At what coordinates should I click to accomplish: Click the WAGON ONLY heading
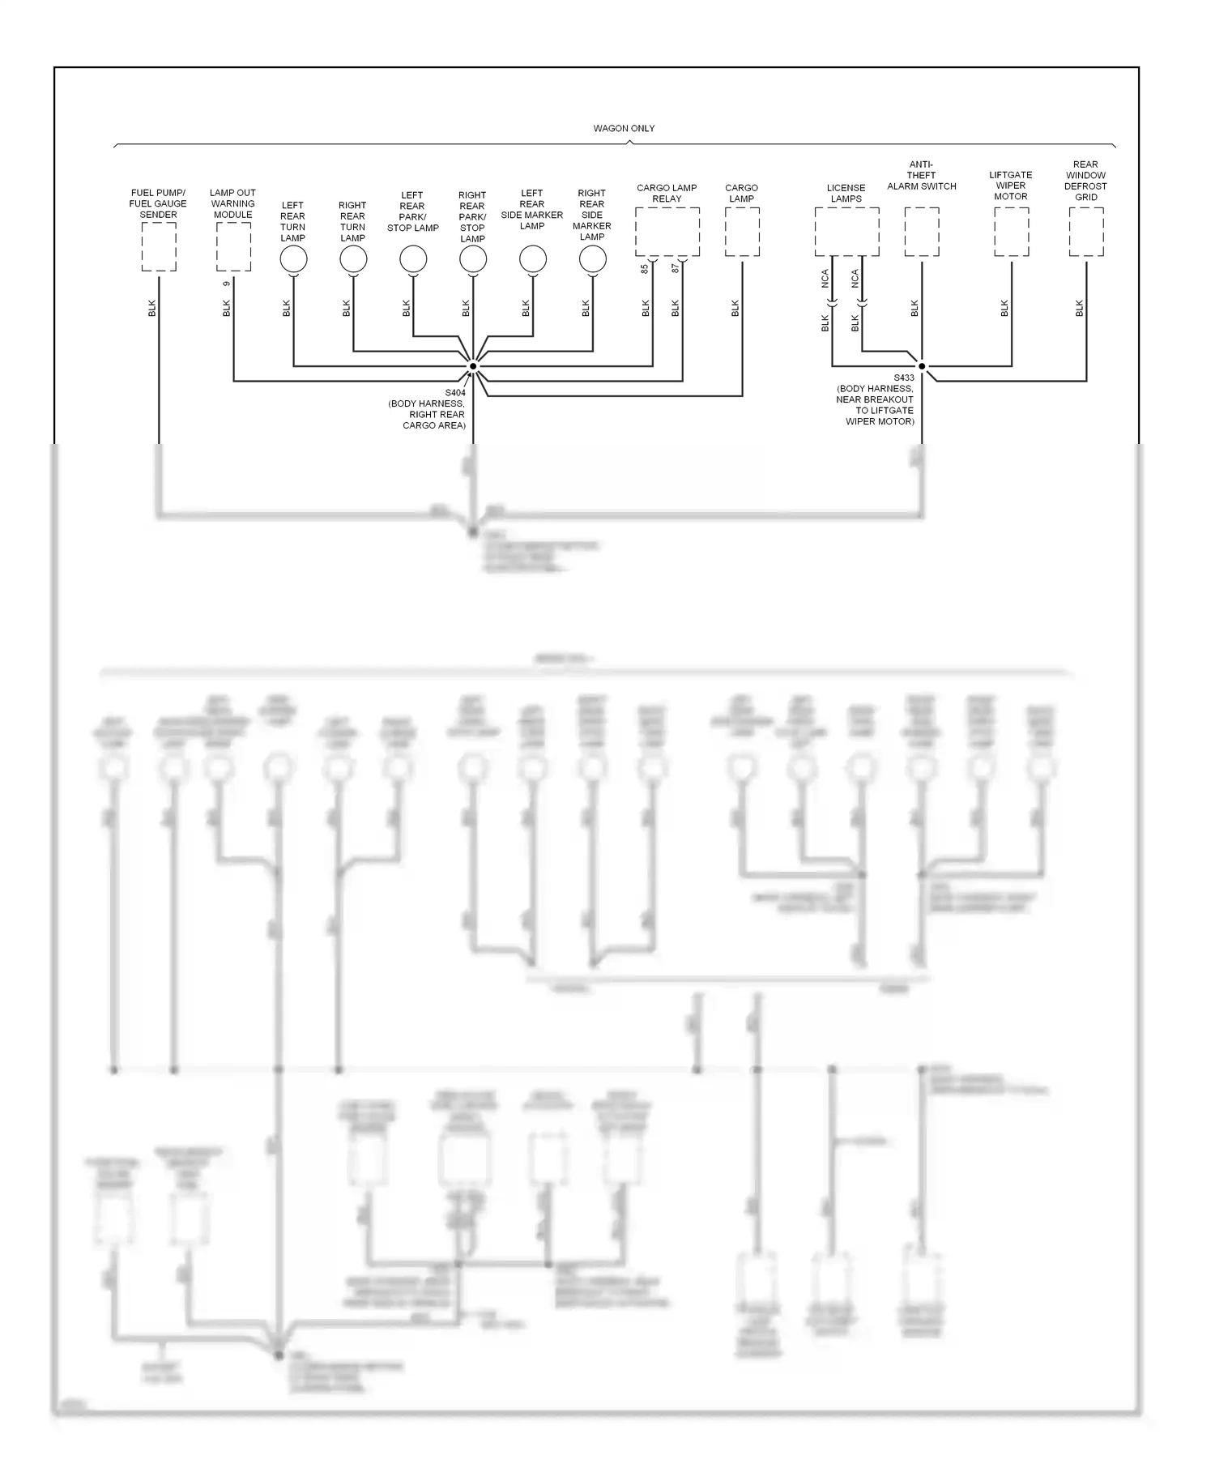point(624,128)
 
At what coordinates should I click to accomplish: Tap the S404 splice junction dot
point(473,366)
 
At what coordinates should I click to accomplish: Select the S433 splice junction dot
point(922,366)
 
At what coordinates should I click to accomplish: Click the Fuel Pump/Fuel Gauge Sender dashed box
point(159,247)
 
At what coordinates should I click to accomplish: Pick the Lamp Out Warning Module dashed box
point(233,247)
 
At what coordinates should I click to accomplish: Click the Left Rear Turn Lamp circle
point(293,259)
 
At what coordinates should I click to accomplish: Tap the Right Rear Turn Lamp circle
point(353,259)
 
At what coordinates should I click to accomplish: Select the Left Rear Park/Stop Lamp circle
point(413,259)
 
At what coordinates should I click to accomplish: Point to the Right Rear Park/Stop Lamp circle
point(473,259)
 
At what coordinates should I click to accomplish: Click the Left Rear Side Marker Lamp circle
point(533,259)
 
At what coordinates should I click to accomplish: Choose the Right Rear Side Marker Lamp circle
point(593,259)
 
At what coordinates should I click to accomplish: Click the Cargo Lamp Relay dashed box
point(667,232)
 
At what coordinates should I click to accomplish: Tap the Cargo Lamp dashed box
point(742,232)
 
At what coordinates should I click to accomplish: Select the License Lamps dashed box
point(846,232)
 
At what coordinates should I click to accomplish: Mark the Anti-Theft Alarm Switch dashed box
point(922,232)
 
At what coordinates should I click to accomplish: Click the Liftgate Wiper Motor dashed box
point(1012,232)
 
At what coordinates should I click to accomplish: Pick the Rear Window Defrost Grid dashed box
point(1086,232)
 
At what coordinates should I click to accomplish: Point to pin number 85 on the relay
point(646,268)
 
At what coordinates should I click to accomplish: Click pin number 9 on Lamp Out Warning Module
point(227,283)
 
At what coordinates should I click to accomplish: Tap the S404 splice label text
point(455,393)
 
